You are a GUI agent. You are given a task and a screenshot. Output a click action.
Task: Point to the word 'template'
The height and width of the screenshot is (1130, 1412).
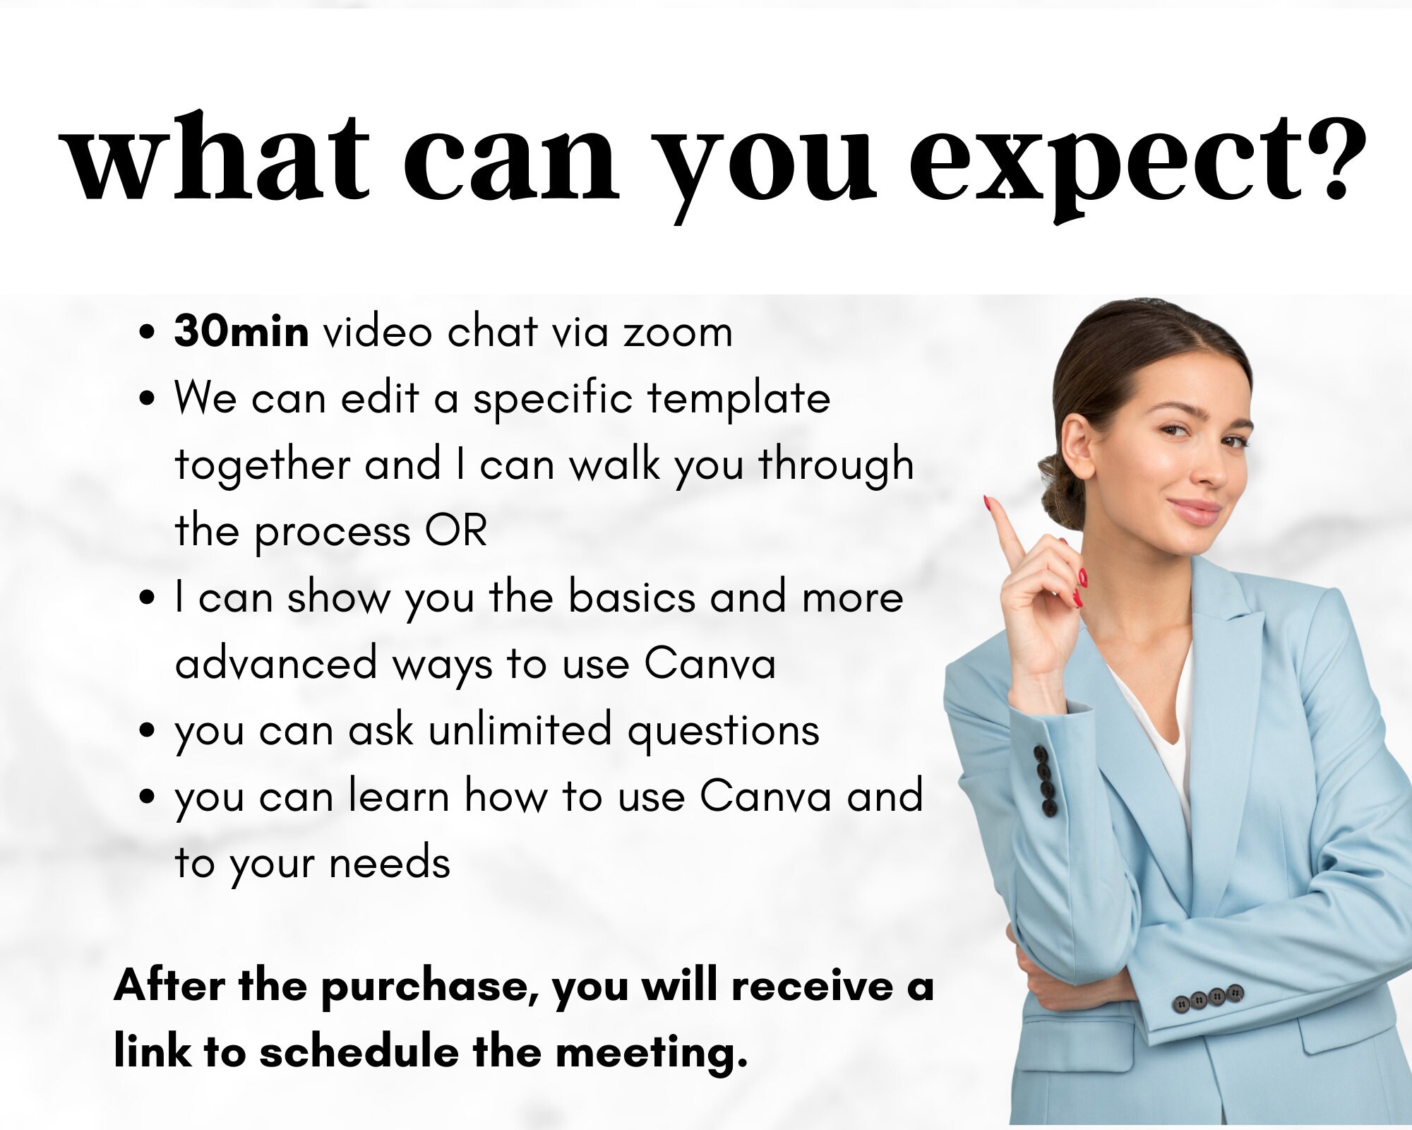[738, 400]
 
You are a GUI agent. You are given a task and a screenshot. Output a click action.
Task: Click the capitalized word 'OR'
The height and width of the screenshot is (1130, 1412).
[456, 531]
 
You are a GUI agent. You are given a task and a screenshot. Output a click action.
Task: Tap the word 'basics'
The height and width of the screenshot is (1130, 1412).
[632, 597]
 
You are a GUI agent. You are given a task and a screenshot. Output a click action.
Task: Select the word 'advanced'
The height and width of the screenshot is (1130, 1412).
[276, 664]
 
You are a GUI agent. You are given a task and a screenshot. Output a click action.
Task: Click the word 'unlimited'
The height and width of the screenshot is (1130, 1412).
[520, 730]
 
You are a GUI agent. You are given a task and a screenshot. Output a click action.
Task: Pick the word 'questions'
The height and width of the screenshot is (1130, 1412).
[724, 732]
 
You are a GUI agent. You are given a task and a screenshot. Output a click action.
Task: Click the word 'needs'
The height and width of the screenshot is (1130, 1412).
[389, 863]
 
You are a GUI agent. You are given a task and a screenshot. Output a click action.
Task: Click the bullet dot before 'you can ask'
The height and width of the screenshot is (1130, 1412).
[147, 730]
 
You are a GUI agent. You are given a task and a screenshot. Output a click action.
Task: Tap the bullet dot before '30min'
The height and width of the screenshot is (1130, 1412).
[147, 332]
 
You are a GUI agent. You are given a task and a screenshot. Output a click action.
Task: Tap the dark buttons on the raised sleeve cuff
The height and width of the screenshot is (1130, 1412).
[1046, 781]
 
